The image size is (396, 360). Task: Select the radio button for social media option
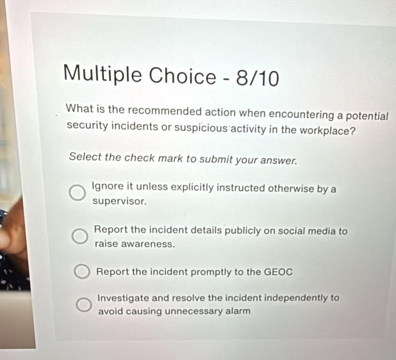(x=80, y=237)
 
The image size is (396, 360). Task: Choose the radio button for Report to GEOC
(x=82, y=272)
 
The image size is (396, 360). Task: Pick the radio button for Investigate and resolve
(x=84, y=305)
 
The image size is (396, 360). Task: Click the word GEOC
(x=278, y=272)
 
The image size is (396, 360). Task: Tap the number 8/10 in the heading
(x=257, y=78)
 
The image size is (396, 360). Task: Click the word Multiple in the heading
(x=103, y=73)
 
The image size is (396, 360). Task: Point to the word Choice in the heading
(x=183, y=76)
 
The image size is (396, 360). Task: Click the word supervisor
(x=119, y=201)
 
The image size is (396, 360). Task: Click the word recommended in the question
(x=165, y=111)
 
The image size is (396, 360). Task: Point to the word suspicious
(x=201, y=128)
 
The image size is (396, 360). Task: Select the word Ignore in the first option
(x=108, y=186)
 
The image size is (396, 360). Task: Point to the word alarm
(x=238, y=311)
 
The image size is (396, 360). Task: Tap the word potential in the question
(x=367, y=116)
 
